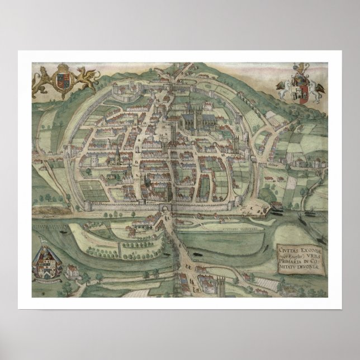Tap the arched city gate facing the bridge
(x=165, y=209)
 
